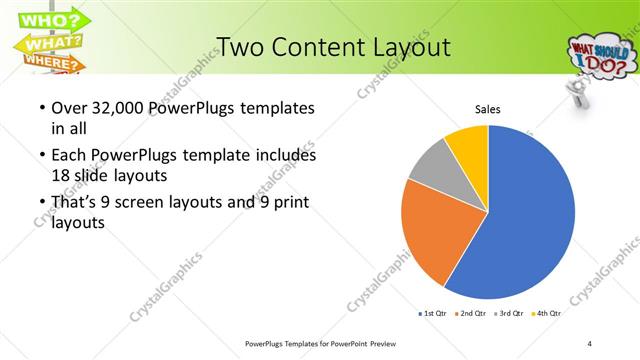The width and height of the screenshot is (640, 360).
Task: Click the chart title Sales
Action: tap(487, 109)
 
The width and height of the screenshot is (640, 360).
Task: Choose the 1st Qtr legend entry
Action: tap(434, 313)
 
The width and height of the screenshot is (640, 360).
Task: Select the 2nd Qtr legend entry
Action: tap(474, 313)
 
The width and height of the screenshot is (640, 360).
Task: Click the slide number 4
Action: tap(590, 343)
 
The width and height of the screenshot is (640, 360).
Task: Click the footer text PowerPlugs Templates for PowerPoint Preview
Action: tap(320, 343)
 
